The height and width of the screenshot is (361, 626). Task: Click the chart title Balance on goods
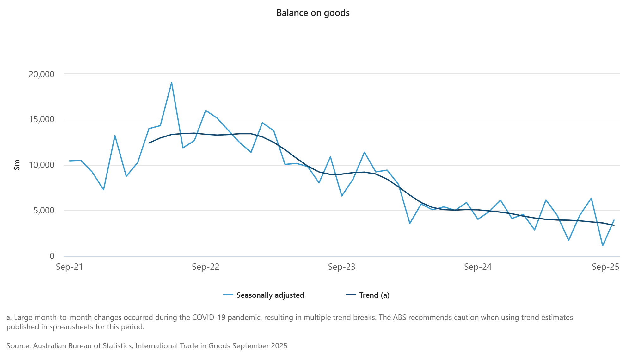click(x=313, y=13)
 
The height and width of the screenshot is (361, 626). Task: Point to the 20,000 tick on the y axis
click(x=41, y=74)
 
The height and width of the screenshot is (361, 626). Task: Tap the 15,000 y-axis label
click(x=41, y=120)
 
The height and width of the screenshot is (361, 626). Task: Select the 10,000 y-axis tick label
click(x=41, y=165)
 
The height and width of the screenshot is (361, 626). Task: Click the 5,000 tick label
click(x=44, y=211)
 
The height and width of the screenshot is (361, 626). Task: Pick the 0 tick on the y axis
click(x=52, y=256)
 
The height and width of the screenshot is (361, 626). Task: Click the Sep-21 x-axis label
click(x=69, y=267)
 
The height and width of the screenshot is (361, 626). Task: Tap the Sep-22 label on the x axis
click(x=206, y=267)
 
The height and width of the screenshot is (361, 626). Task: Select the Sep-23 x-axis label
click(x=341, y=267)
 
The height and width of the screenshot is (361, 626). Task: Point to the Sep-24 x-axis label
click(x=478, y=267)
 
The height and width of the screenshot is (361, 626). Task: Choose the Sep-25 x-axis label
click(x=605, y=267)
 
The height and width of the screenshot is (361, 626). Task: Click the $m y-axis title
click(x=17, y=165)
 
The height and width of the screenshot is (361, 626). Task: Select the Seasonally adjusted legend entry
click(x=270, y=295)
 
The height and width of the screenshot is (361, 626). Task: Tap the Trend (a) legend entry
click(x=374, y=295)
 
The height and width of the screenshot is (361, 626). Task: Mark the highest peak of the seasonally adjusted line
click(x=171, y=83)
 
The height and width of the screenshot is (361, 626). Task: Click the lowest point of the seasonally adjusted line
click(x=603, y=246)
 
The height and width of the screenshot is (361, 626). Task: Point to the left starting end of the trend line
click(x=149, y=143)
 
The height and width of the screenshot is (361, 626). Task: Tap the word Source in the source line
click(x=18, y=346)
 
